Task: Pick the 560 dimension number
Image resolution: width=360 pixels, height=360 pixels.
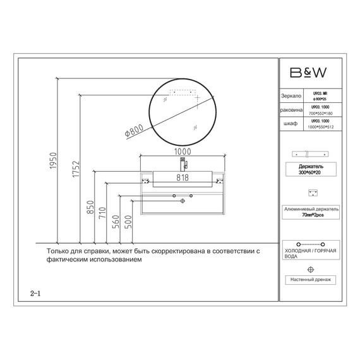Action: pyautogui.click(x=116, y=223)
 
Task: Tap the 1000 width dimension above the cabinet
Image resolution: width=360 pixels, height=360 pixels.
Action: pyautogui.click(x=183, y=152)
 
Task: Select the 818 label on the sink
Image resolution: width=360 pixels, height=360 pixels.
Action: pyautogui.click(x=183, y=178)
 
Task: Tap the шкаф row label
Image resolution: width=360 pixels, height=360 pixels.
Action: pyautogui.click(x=291, y=123)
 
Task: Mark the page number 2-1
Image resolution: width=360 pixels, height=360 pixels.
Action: pyautogui.click(x=35, y=293)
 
